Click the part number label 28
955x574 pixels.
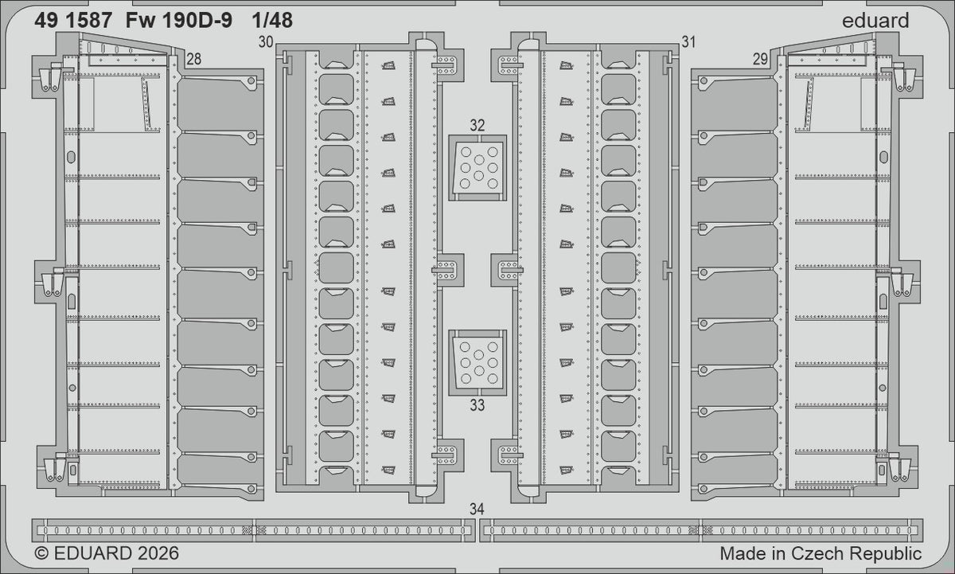coord(194,59)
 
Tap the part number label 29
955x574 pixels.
coord(760,59)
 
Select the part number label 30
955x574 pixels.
coord(266,41)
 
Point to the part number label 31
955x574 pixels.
coord(688,41)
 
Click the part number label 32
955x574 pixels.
coord(477,125)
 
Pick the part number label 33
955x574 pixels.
coord(477,405)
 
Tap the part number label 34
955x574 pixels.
coord(477,509)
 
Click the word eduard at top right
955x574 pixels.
coord(875,21)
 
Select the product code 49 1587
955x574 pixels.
coord(73,21)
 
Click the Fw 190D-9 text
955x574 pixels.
coord(179,21)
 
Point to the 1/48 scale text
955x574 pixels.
coord(272,21)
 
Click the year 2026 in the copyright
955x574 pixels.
coord(158,553)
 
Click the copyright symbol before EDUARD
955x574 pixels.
coord(41,553)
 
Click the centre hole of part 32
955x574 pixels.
coord(479,160)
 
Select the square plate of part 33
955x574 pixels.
coord(477,363)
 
